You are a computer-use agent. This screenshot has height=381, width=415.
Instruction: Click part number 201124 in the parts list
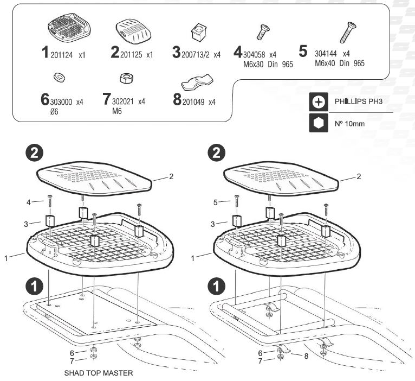coord(66,55)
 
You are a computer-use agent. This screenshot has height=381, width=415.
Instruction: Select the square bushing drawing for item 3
coord(199,32)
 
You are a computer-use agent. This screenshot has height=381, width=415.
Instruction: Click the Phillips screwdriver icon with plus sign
coord(319,101)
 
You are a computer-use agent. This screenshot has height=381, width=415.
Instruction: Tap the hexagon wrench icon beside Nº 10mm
coord(319,123)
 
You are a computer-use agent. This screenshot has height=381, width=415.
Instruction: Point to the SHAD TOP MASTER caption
coord(98,373)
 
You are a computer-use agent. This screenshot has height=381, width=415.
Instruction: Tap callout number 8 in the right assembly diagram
coord(307,356)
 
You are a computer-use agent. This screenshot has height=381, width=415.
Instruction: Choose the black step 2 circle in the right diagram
coord(218,154)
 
